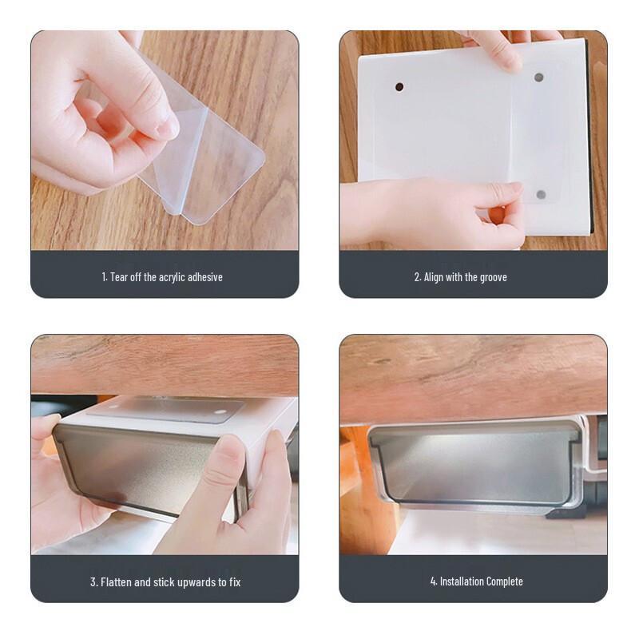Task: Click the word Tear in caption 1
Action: pyautogui.click(x=119, y=277)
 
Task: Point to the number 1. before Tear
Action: pyautogui.click(x=105, y=277)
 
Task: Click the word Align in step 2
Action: pyautogui.click(x=435, y=277)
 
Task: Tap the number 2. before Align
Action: pyautogui.click(x=418, y=277)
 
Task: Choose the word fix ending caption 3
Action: pyautogui.click(x=234, y=581)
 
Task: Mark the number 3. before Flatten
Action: pyautogui.click(x=93, y=581)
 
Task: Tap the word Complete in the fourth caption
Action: pyautogui.click(x=506, y=581)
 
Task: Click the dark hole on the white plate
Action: pyautogui.click(x=399, y=86)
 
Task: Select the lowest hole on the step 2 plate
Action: pyautogui.click(x=541, y=194)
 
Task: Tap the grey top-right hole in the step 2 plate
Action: pyautogui.click(x=538, y=78)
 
